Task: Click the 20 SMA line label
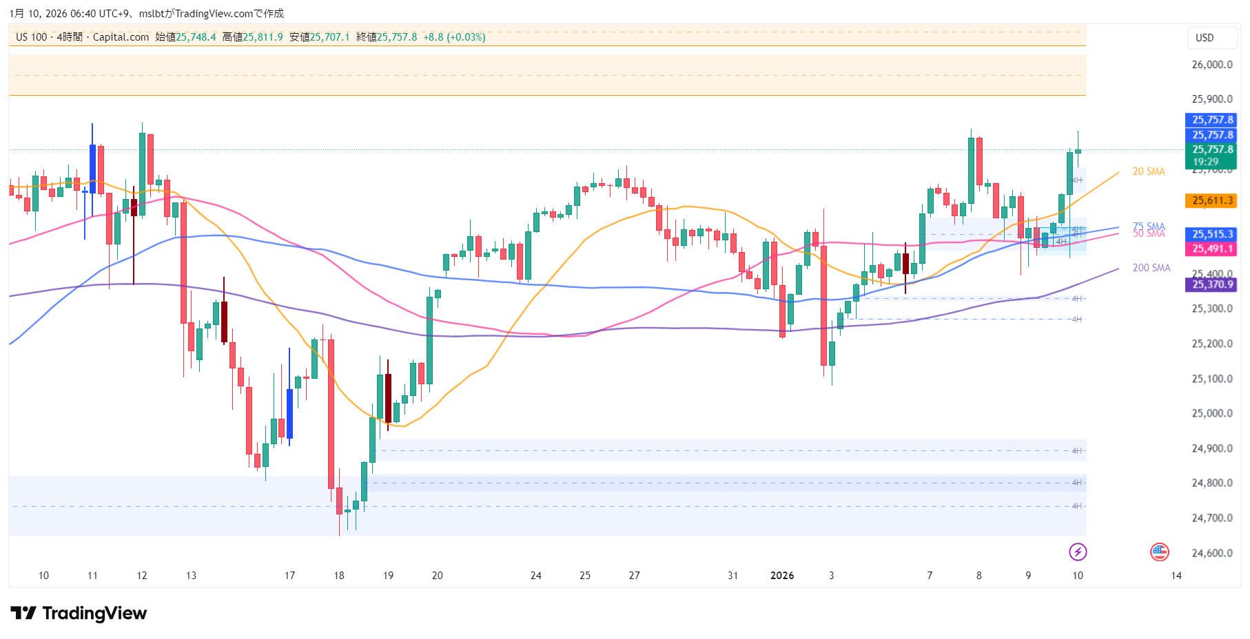(x=1149, y=171)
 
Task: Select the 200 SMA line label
(x=1151, y=268)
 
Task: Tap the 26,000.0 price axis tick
(x=1212, y=65)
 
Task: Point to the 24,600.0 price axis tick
(x=1212, y=553)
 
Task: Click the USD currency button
(x=1205, y=38)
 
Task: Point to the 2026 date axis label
(x=782, y=576)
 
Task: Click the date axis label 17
(x=289, y=576)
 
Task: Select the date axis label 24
(x=535, y=576)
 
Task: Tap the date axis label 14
(x=1176, y=576)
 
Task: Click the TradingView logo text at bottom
(x=79, y=613)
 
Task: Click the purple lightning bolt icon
(x=1078, y=552)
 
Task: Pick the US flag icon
(x=1160, y=552)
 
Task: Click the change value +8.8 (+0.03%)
(x=454, y=37)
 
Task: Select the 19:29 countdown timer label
(x=1205, y=162)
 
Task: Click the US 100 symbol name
(x=32, y=37)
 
